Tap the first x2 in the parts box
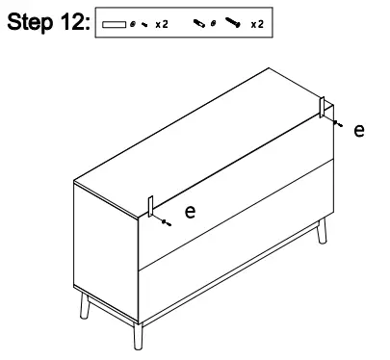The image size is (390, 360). coord(163,20)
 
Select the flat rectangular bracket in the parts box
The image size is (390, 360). coord(114,20)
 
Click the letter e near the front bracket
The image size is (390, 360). coord(190,211)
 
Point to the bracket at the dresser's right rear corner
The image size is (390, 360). coord(325,109)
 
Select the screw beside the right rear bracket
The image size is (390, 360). coord(334,123)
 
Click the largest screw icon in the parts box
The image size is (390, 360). coord(233,20)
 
